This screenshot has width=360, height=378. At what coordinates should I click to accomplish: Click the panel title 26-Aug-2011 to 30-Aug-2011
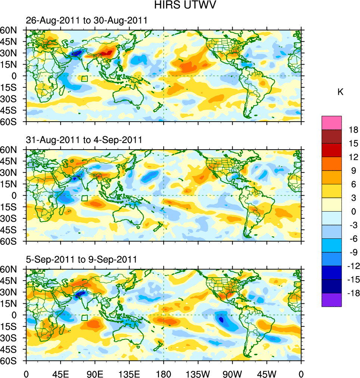tap(86, 21)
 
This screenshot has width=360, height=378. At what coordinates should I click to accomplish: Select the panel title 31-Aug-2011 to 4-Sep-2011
tap(84, 140)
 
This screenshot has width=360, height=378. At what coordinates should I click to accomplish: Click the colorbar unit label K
tap(340, 92)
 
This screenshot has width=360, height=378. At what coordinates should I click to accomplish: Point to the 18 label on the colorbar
tap(353, 130)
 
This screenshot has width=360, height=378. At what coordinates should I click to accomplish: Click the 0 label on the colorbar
tap(353, 212)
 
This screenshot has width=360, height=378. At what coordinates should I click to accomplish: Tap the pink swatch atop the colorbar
tap(331, 122)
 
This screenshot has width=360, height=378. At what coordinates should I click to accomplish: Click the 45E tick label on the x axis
tap(60, 373)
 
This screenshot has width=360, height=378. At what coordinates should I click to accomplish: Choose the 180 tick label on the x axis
tap(164, 373)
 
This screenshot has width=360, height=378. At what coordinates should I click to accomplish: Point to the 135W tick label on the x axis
tap(198, 373)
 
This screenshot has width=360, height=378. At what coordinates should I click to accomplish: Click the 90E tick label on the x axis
tap(95, 373)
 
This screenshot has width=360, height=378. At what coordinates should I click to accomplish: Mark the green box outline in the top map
tap(85, 78)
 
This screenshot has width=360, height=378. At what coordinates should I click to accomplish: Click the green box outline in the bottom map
tap(85, 318)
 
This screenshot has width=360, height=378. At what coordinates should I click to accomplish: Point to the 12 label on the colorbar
tap(353, 157)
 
